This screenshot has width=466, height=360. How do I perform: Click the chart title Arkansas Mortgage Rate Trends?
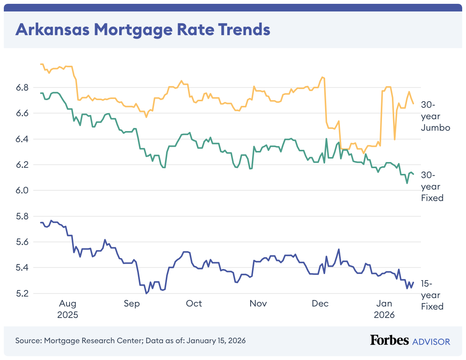pyautogui.click(x=142, y=29)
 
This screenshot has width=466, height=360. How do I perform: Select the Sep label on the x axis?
pyautogui.click(x=132, y=304)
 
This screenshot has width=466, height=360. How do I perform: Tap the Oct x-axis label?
pyautogui.click(x=194, y=304)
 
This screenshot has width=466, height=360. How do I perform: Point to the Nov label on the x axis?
pyautogui.click(x=258, y=304)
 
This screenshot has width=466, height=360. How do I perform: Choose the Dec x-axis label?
pyautogui.click(x=320, y=304)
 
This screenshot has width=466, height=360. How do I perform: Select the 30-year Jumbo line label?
pyautogui.click(x=435, y=116)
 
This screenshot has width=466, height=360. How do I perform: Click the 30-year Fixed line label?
pyautogui.click(x=432, y=186)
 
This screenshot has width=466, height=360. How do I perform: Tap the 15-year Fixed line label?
pyautogui.click(x=432, y=295)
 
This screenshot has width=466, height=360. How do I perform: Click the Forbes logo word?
pyautogui.click(x=389, y=340)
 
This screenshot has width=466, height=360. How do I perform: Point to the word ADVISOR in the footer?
pyautogui.click(x=431, y=341)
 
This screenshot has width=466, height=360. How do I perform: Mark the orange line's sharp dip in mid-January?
pyautogui.click(x=395, y=139)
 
